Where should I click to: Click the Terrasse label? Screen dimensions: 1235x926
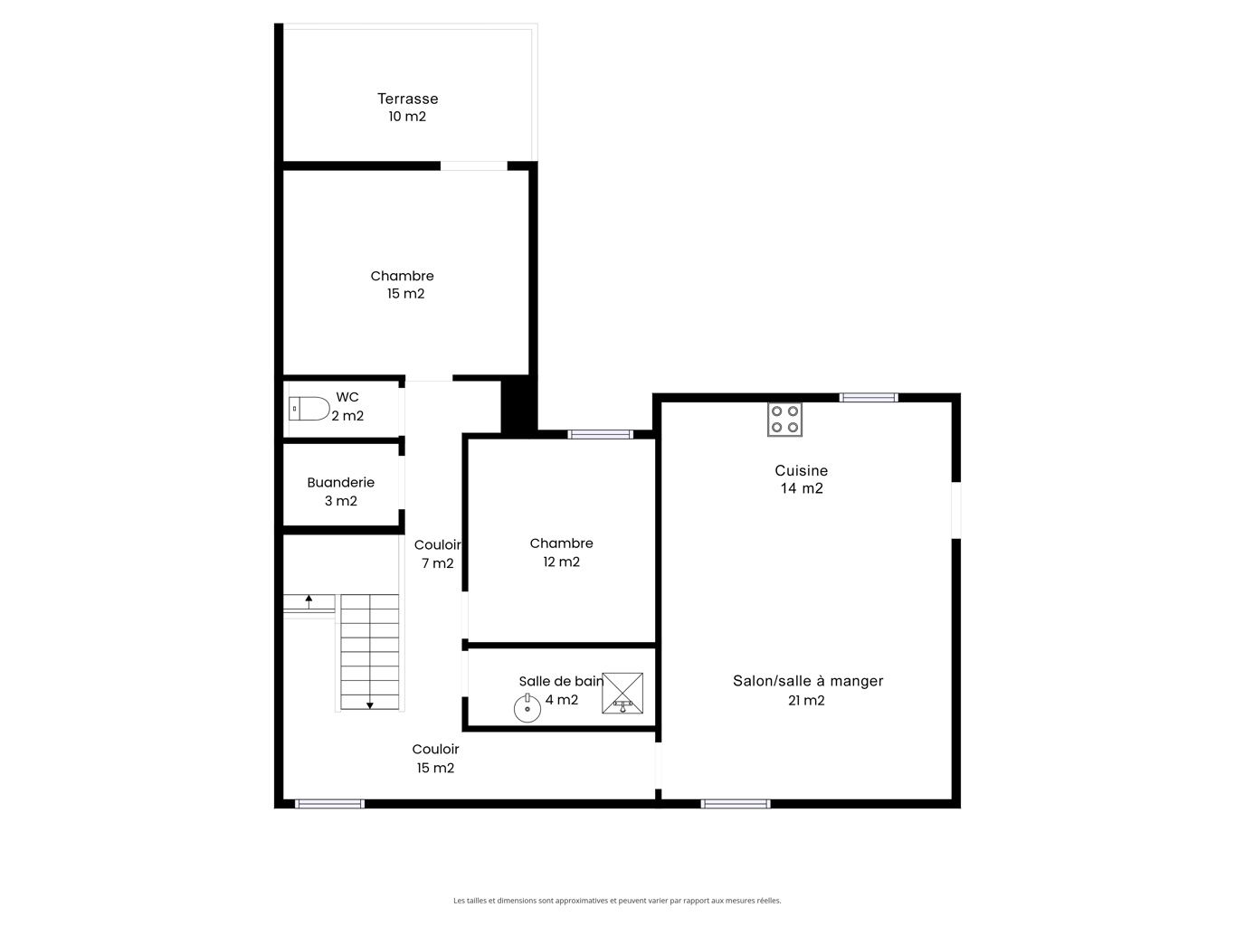[x=407, y=99]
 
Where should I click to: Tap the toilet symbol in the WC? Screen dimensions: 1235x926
[x=309, y=409]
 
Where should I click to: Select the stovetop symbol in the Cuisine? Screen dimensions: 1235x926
[x=784, y=420]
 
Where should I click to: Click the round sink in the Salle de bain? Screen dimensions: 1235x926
[x=527, y=708]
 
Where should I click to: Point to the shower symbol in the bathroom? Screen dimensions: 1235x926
[x=622, y=693]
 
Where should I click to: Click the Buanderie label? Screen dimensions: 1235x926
[x=340, y=482]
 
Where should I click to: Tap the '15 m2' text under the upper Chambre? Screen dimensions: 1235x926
[x=405, y=294]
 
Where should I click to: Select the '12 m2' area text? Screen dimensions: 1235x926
[x=561, y=562]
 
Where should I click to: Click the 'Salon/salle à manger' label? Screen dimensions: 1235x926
[x=808, y=681]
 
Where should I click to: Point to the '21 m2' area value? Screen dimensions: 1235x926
[x=806, y=700]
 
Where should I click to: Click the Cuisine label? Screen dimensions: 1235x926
[x=802, y=470]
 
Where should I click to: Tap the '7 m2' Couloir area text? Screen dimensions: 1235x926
[x=438, y=562]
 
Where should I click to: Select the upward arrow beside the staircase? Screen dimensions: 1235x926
[x=309, y=601]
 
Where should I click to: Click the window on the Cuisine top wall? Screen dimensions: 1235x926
[x=869, y=398]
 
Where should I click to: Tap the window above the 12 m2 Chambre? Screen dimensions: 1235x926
[x=601, y=434]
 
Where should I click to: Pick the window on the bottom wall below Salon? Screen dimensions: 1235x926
[x=736, y=804]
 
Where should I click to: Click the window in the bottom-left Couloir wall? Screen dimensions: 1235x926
[x=329, y=804]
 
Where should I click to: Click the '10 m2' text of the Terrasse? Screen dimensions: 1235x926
[x=407, y=117]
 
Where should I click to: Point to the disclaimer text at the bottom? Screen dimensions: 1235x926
[x=617, y=901]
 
